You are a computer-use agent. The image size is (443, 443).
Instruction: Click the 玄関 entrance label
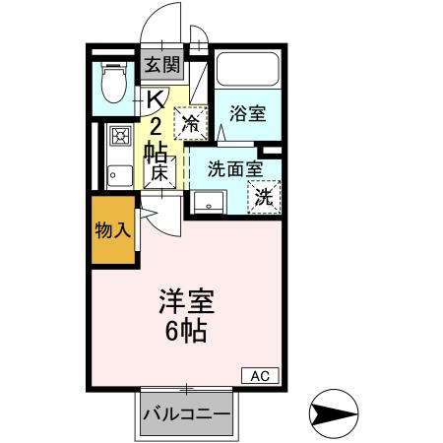click(162, 66)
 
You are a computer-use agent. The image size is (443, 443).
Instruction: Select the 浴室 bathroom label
click(248, 113)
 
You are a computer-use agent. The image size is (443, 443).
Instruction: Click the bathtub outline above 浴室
click(248, 69)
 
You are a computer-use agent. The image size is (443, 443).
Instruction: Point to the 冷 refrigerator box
click(192, 123)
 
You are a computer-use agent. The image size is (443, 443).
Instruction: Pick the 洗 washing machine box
click(264, 195)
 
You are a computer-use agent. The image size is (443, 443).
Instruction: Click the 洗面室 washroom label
click(234, 167)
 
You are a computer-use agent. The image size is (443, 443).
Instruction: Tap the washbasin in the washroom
click(210, 203)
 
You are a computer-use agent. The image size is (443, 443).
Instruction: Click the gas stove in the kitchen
click(120, 136)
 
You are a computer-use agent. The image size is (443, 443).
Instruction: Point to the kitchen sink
click(119, 174)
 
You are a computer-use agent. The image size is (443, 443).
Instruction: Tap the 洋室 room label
click(187, 300)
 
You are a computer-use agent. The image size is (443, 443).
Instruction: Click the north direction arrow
click(335, 411)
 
